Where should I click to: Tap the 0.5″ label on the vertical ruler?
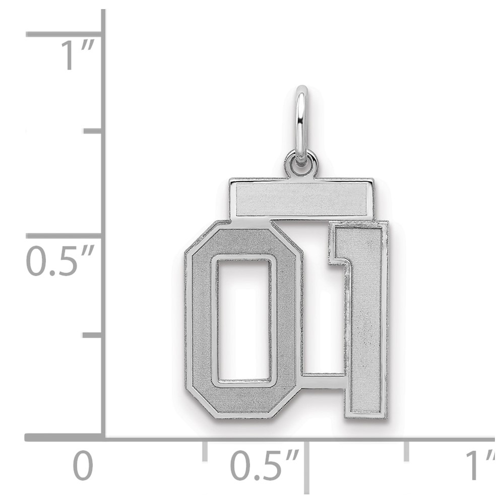click(x=60, y=261)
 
